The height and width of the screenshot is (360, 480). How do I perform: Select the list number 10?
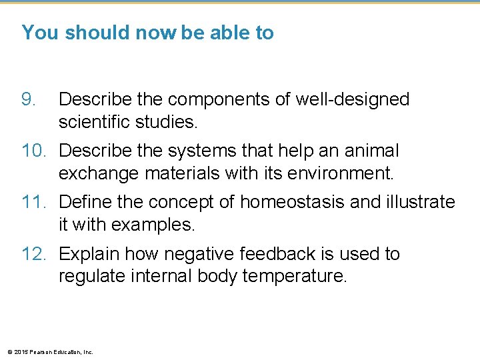(34, 151)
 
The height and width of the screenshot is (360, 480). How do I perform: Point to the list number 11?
(34, 202)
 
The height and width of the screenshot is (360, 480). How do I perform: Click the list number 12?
(34, 254)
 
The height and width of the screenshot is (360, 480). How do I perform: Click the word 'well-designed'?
(353, 100)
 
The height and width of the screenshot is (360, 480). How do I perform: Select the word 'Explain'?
(90, 254)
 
